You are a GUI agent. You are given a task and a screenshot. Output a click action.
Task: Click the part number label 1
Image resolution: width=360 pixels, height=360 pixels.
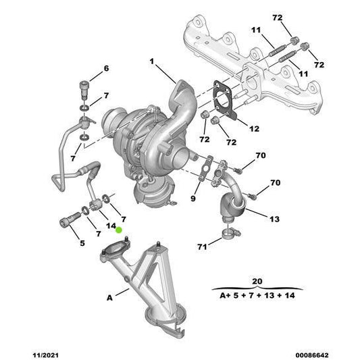[x=152, y=62]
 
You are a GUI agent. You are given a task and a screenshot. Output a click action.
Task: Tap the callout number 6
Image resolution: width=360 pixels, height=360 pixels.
[x=106, y=68]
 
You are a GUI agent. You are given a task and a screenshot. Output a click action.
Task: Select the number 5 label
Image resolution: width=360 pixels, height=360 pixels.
[x=82, y=243]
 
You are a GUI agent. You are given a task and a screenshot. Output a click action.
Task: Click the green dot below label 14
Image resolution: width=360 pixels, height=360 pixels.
[x=119, y=230]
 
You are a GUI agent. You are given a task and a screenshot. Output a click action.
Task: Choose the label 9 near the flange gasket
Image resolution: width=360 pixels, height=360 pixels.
[x=192, y=199]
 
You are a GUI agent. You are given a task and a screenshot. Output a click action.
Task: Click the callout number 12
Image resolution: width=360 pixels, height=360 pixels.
[x=254, y=128]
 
